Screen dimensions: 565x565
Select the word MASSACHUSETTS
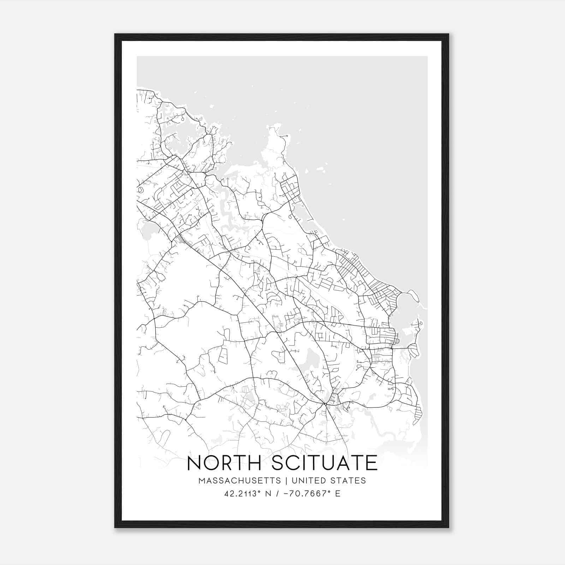point(239,481)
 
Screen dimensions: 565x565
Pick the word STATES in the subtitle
point(349,481)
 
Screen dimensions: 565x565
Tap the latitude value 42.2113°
point(240,494)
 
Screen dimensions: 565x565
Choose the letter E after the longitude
point(338,494)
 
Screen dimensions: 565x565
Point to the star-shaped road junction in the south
point(325,404)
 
